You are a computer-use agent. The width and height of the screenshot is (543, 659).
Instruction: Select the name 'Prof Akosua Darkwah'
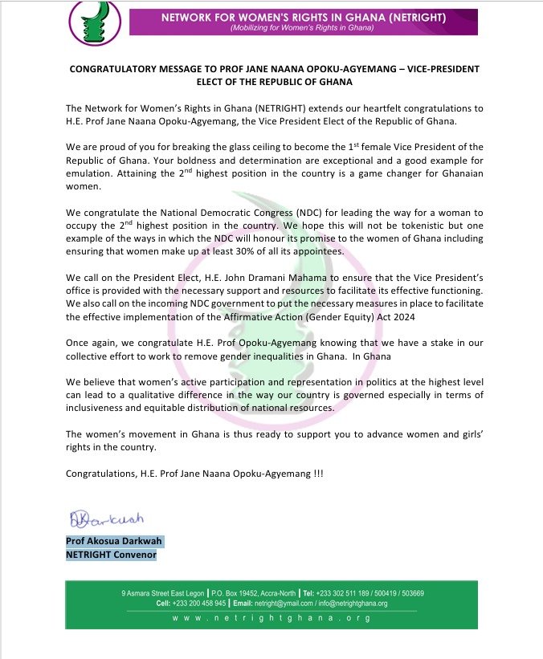coord(113,541)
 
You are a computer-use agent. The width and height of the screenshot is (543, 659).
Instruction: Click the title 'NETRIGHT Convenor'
coord(111,554)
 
